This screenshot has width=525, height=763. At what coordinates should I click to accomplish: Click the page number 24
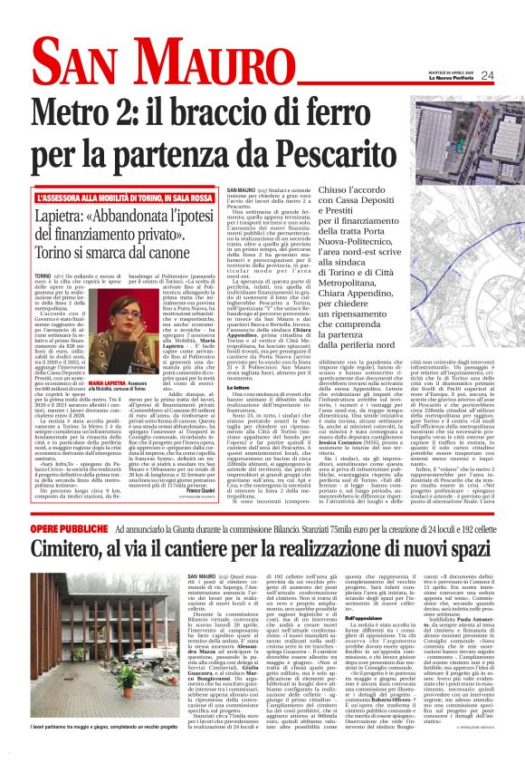(487, 75)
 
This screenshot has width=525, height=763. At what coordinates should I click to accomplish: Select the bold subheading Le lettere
(243, 361)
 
